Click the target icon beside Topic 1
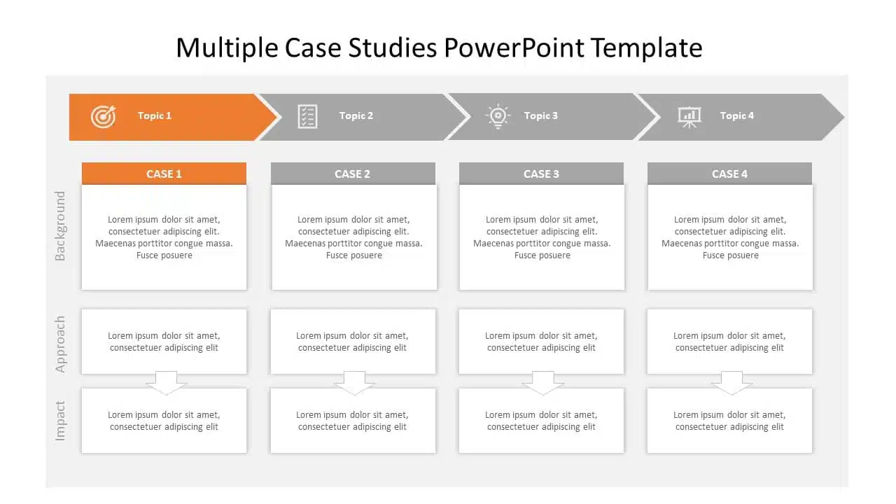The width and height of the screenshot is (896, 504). pyautogui.click(x=103, y=116)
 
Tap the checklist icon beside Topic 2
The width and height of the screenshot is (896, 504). pyautogui.click(x=307, y=116)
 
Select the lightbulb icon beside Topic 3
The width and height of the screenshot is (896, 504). pyautogui.click(x=498, y=116)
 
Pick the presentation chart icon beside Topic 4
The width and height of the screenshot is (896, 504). pyautogui.click(x=689, y=117)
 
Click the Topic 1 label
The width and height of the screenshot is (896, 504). pyautogui.click(x=155, y=116)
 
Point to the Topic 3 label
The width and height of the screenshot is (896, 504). pyautogui.click(x=541, y=116)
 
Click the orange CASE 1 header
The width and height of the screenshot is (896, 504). pyautogui.click(x=164, y=174)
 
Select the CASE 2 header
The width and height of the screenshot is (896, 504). pyautogui.click(x=353, y=174)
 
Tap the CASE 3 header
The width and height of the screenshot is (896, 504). pyautogui.click(x=541, y=174)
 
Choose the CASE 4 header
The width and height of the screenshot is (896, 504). pyautogui.click(x=729, y=174)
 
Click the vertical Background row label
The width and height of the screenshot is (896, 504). pyautogui.click(x=60, y=226)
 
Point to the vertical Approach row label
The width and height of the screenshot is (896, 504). pyautogui.click(x=60, y=344)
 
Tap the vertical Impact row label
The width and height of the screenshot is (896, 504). pyautogui.click(x=60, y=421)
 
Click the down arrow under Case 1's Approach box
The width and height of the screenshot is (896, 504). pyautogui.click(x=166, y=383)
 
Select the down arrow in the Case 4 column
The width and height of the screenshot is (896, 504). pyautogui.click(x=731, y=383)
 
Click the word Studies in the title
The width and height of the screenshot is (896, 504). pyautogui.click(x=393, y=48)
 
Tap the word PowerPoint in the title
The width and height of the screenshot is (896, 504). pyautogui.click(x=514, y=48)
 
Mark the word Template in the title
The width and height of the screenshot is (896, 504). pyautogui.click(x=646, y=48)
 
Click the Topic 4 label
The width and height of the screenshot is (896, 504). pyautogui.click(x=737, y=116)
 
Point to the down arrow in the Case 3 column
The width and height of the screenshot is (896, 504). pyautogui.click(x=542, y=383)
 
